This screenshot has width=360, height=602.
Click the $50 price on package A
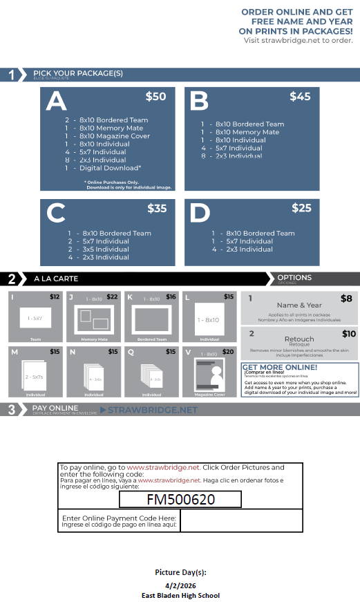click(x=155, y=97)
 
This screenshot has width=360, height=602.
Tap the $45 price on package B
click(x=300, y=97)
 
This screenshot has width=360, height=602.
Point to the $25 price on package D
click(x=301, y=208)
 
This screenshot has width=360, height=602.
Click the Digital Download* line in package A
click(x=110, y=168)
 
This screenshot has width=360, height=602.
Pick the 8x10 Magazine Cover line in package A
click(x=114, y=136)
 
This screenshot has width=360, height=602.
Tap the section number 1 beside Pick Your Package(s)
click(x=12, y=75)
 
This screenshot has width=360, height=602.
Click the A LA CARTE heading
click(x=56, y=279)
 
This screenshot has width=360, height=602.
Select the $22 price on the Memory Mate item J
click(x=112, y=297)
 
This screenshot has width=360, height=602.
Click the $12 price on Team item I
click(x=55, y=297)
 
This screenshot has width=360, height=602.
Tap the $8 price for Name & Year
click(x=346, y=299)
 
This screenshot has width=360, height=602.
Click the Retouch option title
click(x=299, y=339)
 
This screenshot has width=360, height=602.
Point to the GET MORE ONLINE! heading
click(x=280, y=367)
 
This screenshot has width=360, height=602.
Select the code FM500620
click(x=180, y=499)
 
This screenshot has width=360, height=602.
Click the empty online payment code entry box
click(x=240, y=520)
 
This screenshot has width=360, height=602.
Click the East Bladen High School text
click(x=180, y=595)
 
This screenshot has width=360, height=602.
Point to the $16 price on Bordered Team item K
click(x=171, y=297)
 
